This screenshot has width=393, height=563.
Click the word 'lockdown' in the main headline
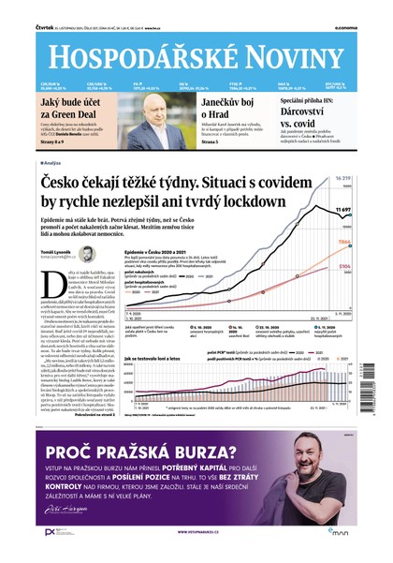tap(242, 200)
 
